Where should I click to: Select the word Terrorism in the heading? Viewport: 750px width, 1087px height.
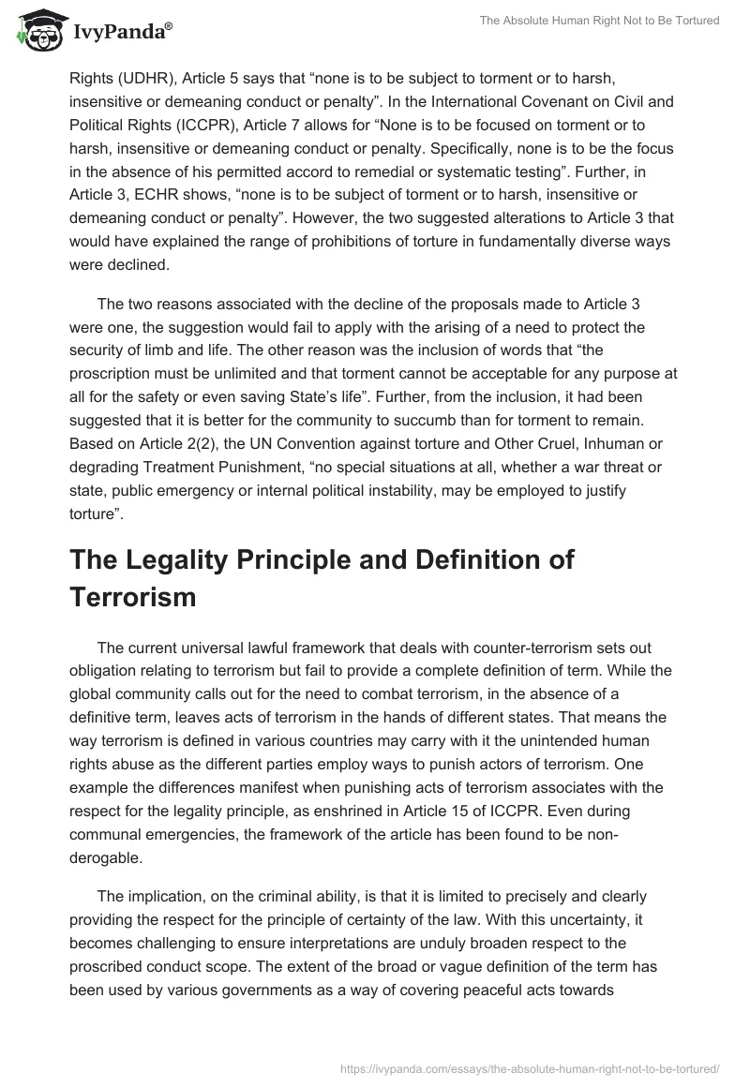[x=132, y=598]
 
